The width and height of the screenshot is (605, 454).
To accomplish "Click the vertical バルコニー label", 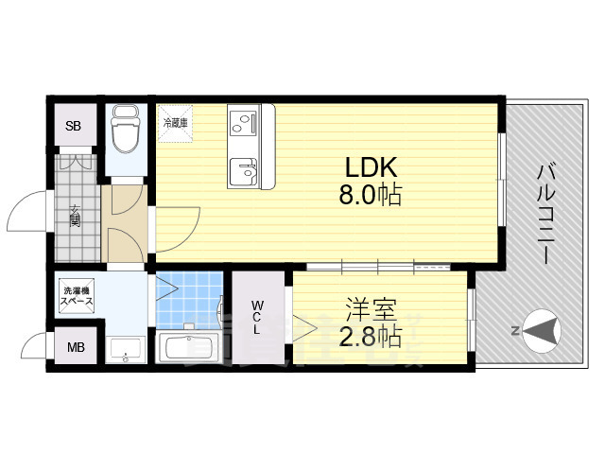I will pos(545,212).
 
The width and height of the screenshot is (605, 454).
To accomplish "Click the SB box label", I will pos(73,125).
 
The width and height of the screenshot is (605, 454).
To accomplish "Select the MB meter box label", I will pos(75,347).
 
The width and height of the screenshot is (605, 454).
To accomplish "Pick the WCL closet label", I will pos(257,317).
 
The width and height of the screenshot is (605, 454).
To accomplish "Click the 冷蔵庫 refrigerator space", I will pos(175,123).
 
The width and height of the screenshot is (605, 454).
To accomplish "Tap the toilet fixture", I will pos(124,131).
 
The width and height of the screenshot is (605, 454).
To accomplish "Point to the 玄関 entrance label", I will pos(74,217).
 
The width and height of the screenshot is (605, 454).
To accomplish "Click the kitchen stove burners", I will pos(241,123).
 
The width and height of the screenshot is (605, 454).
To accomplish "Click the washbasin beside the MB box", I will pos(126,348).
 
